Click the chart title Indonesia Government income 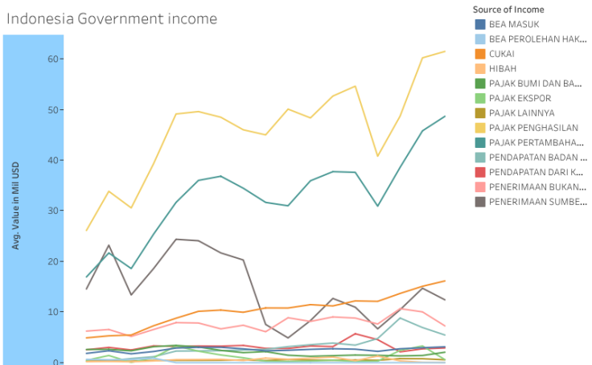tap(111, 18)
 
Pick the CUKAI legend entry tap(502, 54)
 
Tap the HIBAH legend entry tap(503, 68)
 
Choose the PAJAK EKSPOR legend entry tap(520, 98)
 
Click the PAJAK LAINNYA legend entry tap(521, 113)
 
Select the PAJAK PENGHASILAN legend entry tap(533, 128)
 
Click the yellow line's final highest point tap(445, 51)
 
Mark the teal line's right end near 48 tap(445, 116)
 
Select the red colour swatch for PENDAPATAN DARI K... tap(480, 172)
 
